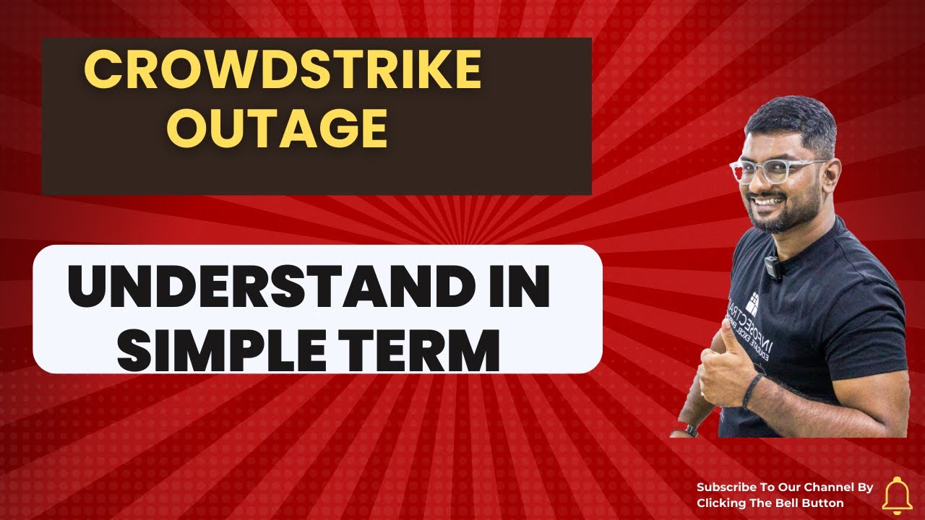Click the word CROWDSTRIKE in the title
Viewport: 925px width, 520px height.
coord(283,71)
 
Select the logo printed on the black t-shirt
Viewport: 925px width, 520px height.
coord(752,303)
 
